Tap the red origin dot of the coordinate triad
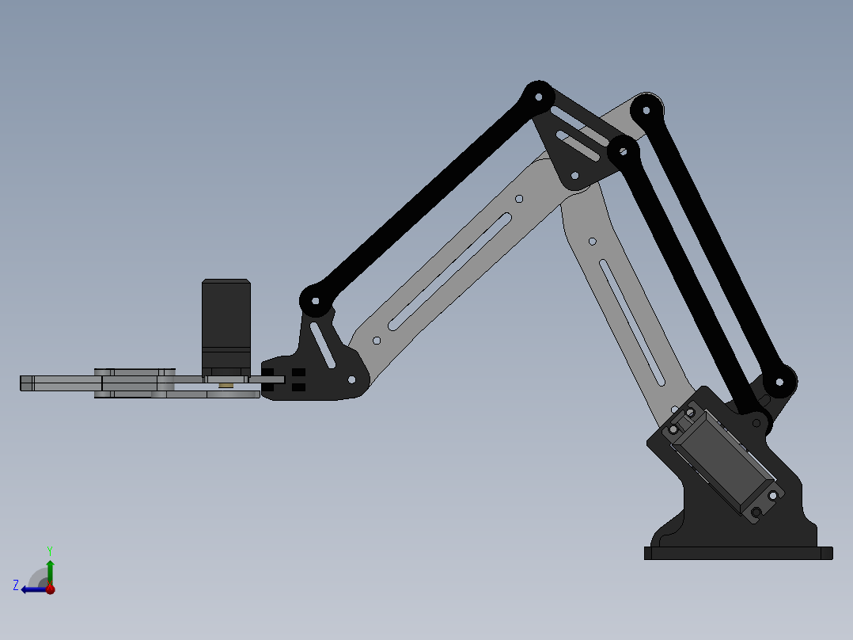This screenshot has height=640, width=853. [50, 589]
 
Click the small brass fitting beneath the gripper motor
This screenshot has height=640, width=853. [226, 386]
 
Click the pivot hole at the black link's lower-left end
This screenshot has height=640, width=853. [315, 301]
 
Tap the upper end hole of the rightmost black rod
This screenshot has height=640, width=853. [647, 109]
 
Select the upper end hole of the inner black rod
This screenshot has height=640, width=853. [623, 149]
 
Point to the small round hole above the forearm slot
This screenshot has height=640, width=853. [519, 199]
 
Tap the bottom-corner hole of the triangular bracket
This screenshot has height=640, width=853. [575, 175]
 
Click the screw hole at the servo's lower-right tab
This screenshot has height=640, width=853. [771, 495]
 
